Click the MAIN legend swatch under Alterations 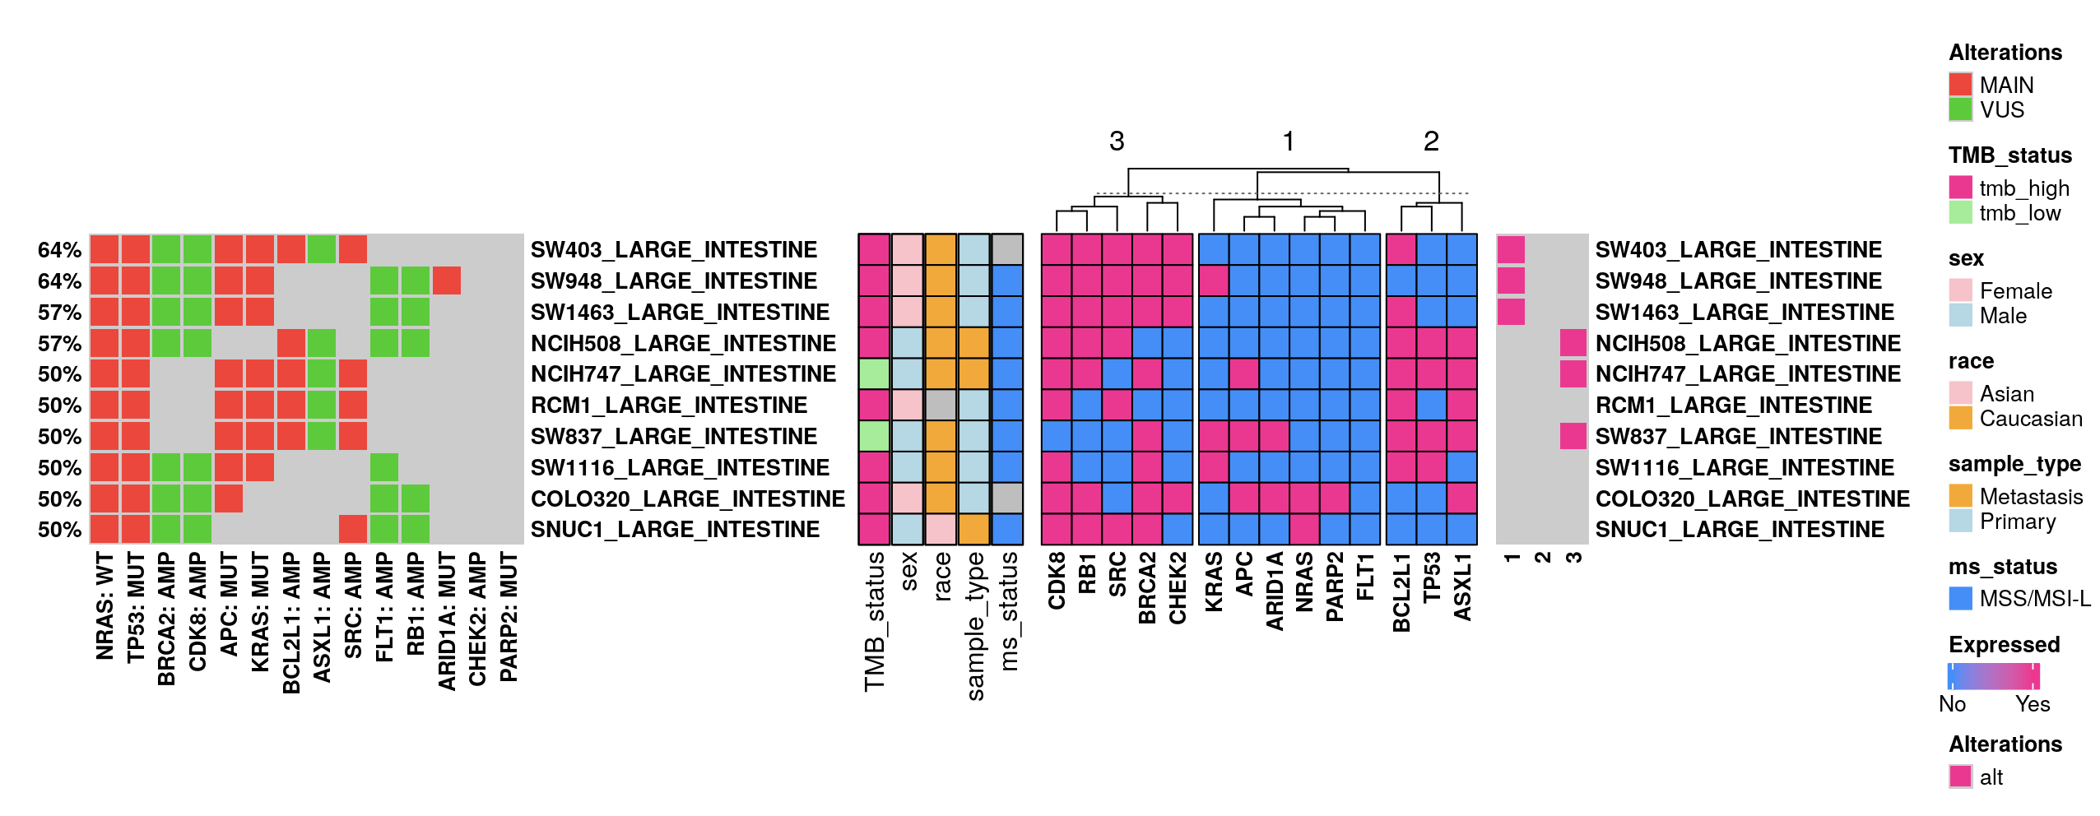1960,85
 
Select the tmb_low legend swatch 1960,213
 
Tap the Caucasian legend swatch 1960,419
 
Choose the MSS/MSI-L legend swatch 1960,598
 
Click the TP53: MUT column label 136,607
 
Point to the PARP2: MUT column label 509,617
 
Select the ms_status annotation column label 1008,610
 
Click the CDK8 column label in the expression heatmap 1057,581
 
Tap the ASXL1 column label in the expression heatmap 1462,586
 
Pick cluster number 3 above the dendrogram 1117,141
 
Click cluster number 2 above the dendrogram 1431,141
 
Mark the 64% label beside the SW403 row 59,250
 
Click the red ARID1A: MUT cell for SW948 446,280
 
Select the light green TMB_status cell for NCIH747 874,373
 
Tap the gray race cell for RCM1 941,405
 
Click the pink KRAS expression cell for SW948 1214,280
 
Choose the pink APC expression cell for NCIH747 1244,373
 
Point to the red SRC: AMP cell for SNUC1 353,529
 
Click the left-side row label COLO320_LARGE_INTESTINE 687,498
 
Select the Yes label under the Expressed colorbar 2032,704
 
